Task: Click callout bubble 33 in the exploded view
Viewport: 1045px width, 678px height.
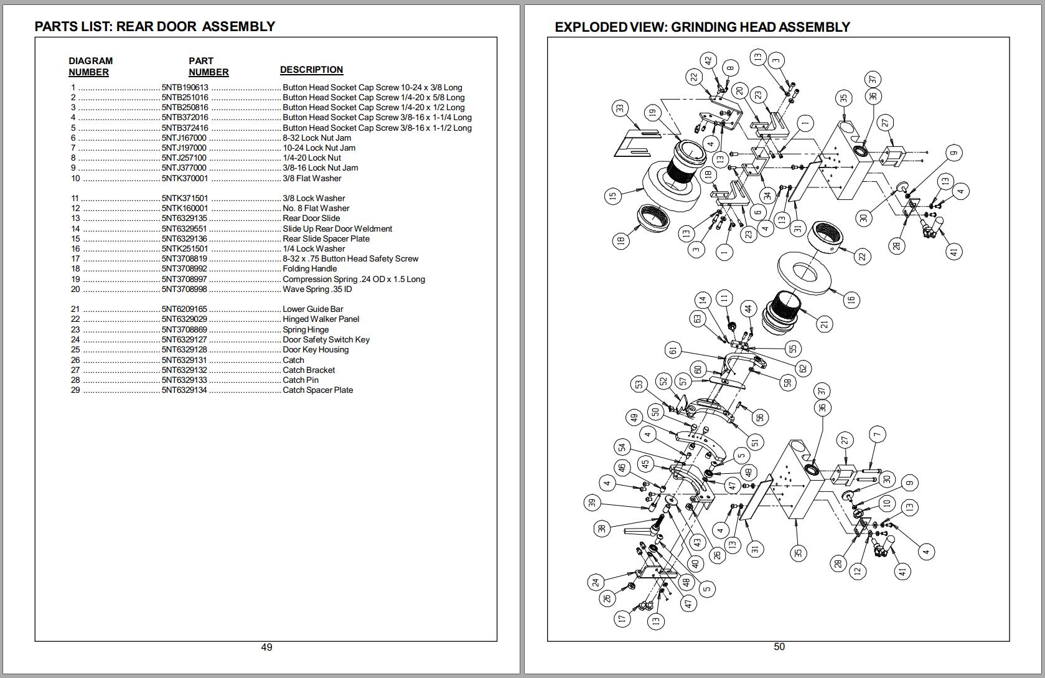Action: (x=620, y=108)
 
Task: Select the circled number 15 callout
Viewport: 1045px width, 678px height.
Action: (x=612, y=195)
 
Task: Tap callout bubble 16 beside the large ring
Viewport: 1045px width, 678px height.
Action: (x=850, y=299)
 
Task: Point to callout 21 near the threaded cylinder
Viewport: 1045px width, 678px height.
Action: (x=824, y=324)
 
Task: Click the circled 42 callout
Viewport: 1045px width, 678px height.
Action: (x=708, y=60)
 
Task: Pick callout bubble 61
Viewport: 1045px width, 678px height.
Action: (x=673, y=350)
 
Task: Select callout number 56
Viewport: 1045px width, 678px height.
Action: (x=759, y=418)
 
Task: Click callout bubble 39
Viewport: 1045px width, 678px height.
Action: (x=592, y=502)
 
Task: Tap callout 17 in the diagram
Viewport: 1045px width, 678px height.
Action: (x=621, y=618)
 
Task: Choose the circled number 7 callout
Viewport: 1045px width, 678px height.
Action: (x=877, y=434)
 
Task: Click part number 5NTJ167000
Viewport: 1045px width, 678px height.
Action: (x=184, y=138)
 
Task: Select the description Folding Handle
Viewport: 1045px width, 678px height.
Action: (x=309, y=269)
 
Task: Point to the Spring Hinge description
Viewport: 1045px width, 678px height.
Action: (x=306, y=329)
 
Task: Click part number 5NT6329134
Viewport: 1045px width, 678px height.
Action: (x=184, y=390)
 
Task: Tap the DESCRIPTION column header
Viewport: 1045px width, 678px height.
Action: (x=311, y=70)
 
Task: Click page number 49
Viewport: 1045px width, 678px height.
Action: (x=266, y=647)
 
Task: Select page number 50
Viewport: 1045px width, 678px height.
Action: (x=779, y=647)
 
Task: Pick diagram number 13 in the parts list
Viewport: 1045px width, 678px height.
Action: (x=75, y=219)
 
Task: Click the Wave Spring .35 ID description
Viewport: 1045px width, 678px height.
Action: (x=317, y=290)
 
